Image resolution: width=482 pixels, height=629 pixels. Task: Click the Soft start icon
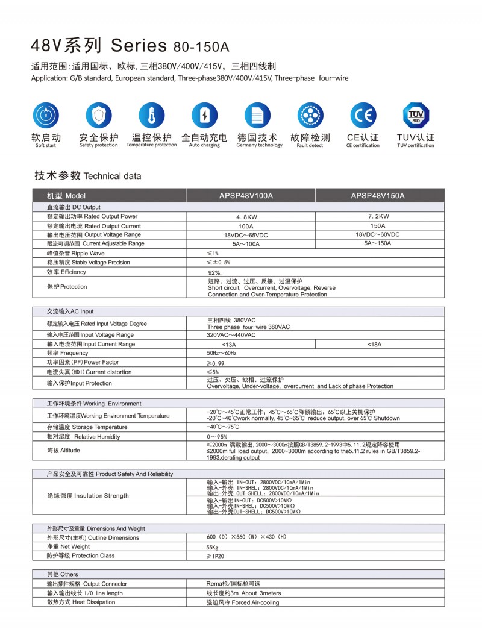coord(46,115)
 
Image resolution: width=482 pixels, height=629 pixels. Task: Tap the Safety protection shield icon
coord(99,115)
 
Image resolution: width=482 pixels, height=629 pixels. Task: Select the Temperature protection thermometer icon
coord(151,115)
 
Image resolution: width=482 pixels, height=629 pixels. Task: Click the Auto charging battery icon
coord(204,115)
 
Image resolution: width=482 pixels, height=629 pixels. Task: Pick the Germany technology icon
coord(257,115)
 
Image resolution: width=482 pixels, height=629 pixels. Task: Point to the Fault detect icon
coord(310,115)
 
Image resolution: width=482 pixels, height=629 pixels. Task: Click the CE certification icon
coord(363,115)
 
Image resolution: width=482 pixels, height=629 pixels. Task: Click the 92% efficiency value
coord(215,272)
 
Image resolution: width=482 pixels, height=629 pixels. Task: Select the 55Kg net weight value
coord(212,547)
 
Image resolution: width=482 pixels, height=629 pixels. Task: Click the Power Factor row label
coord(83,363)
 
